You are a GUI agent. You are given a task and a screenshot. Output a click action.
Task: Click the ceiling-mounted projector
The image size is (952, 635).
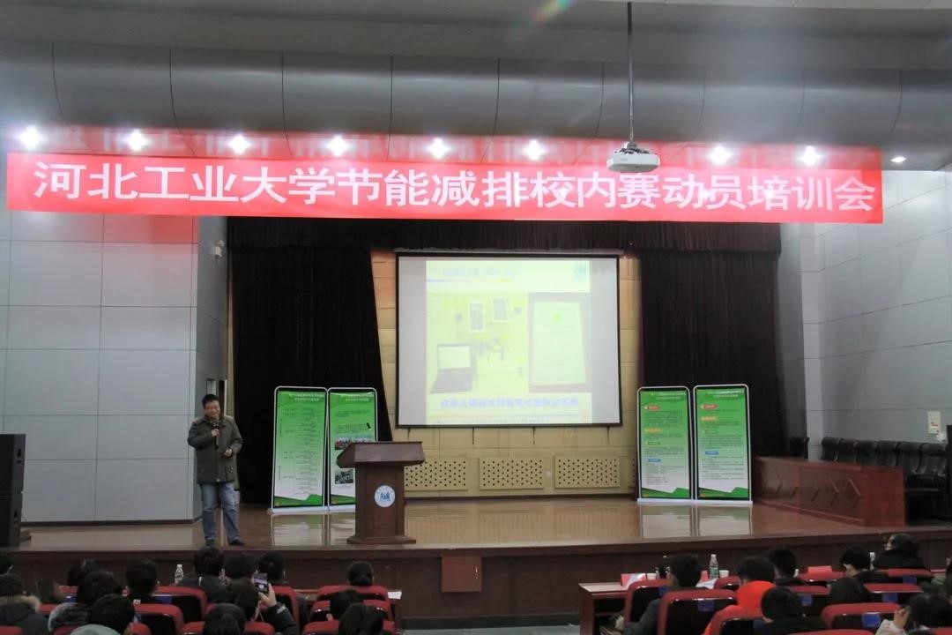click(633, 159)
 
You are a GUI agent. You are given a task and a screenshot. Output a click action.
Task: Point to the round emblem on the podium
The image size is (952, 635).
click(384, 496)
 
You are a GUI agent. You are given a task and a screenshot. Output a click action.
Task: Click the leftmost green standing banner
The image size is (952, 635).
click(299, 448)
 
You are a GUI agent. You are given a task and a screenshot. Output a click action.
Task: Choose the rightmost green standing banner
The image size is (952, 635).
click(721, 443)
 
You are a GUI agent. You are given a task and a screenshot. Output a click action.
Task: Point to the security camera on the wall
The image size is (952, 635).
click(217, 250)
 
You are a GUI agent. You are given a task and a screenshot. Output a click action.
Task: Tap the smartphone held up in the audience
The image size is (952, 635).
click(261, 582)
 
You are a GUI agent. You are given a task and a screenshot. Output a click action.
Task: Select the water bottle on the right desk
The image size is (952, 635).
click(713, 566)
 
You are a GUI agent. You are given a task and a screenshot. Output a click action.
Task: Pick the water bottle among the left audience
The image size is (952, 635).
click(179, 574)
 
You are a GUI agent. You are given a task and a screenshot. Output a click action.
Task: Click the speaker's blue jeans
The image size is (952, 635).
click(218, 510)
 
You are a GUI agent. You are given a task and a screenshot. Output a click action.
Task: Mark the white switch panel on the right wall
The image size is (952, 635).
click(933, 422)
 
